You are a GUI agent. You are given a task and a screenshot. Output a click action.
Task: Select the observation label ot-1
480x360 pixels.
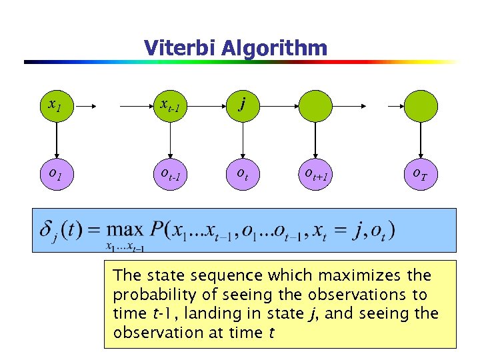click(171, 175)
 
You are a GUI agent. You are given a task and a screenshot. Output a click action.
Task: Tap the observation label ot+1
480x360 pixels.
click(315, 175)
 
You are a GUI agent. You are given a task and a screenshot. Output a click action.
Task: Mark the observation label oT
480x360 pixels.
click(420, 175)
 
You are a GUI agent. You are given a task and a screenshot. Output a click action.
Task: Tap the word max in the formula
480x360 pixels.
click(125, 230)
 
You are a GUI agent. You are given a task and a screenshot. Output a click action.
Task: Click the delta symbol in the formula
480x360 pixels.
click(46, 231)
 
